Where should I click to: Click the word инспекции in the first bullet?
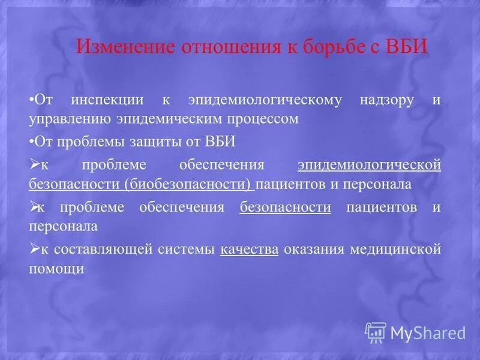tap(106, 100)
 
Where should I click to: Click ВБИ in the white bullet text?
tap(220, 142)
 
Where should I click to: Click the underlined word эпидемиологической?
tap(369, 165)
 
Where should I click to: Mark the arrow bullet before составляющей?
tap(34, 248)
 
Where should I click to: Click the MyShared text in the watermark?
tap(428, 332)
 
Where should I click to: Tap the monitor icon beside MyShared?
tap(376, 332)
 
